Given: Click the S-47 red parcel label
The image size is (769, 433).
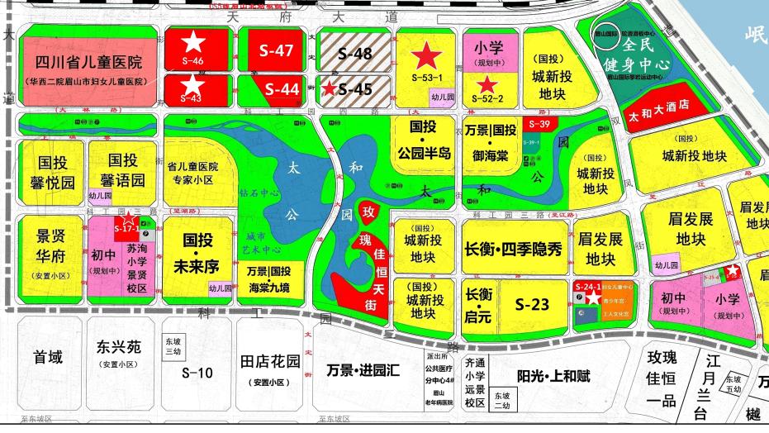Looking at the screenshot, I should [277, 50].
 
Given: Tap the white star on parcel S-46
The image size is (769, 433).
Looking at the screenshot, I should [193, 40].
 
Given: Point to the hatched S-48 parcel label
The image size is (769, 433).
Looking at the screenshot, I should [355, 54].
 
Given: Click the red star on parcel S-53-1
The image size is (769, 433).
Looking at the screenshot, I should [427, 56].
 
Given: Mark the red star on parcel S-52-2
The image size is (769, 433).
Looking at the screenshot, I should [488, 84].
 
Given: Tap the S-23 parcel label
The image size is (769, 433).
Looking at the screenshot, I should [532, 305].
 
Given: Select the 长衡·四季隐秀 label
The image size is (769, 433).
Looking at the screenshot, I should [514, 247].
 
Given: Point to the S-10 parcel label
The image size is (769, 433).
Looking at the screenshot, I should [197, 372].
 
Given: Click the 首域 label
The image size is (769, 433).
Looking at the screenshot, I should [47, 357].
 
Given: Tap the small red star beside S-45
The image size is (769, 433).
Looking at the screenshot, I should [330, 88].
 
